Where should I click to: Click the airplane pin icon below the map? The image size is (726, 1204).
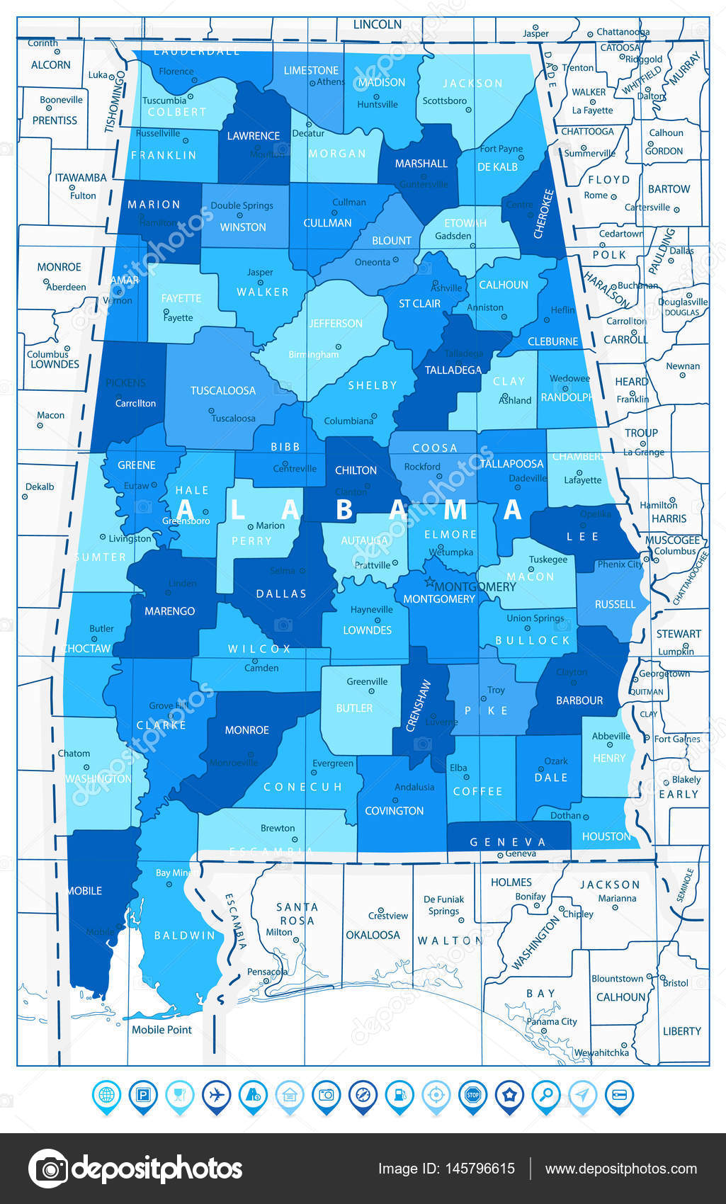point(216,1095)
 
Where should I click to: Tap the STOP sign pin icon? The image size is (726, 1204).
point(472,1095)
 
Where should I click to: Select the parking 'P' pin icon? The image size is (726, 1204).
point(143,1095)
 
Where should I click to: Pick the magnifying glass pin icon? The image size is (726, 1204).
point(546,1095)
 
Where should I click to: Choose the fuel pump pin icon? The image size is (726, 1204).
point(399,1095)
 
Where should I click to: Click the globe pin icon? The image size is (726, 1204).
point(106,1095)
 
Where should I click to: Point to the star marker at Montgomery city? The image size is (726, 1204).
point(428,583)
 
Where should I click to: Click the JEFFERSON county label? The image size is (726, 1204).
point(336,323)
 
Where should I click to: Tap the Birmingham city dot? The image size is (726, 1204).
point(339,347)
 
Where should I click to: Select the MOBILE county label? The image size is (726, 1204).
point(85,891)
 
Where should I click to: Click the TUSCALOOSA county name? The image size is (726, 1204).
point(223,390)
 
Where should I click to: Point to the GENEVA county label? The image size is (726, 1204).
point(508,842)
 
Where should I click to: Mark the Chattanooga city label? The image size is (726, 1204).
point(623,32)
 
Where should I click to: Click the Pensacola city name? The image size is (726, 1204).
point(267,972)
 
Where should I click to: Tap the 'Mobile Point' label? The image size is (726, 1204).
point(161,1030)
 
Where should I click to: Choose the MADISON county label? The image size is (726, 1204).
point(382,82)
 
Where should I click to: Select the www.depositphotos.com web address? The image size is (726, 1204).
point(620,1169)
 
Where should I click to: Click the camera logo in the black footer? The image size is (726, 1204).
point(48,1169)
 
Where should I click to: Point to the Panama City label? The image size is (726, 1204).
point(552,1021)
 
